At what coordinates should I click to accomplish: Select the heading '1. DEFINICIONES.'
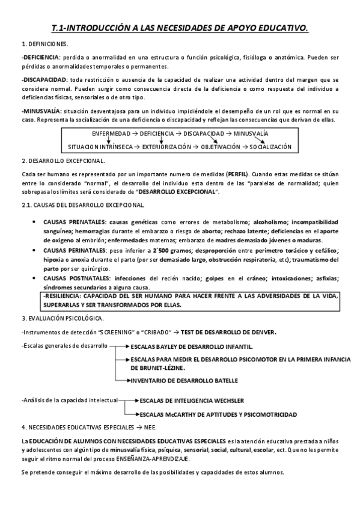pos(45,45)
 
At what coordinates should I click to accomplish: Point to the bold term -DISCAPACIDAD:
pos(44,79)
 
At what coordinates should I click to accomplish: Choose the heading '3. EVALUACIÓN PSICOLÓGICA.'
pos(63,318)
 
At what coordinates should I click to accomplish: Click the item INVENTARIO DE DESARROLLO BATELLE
pos(184,381)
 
